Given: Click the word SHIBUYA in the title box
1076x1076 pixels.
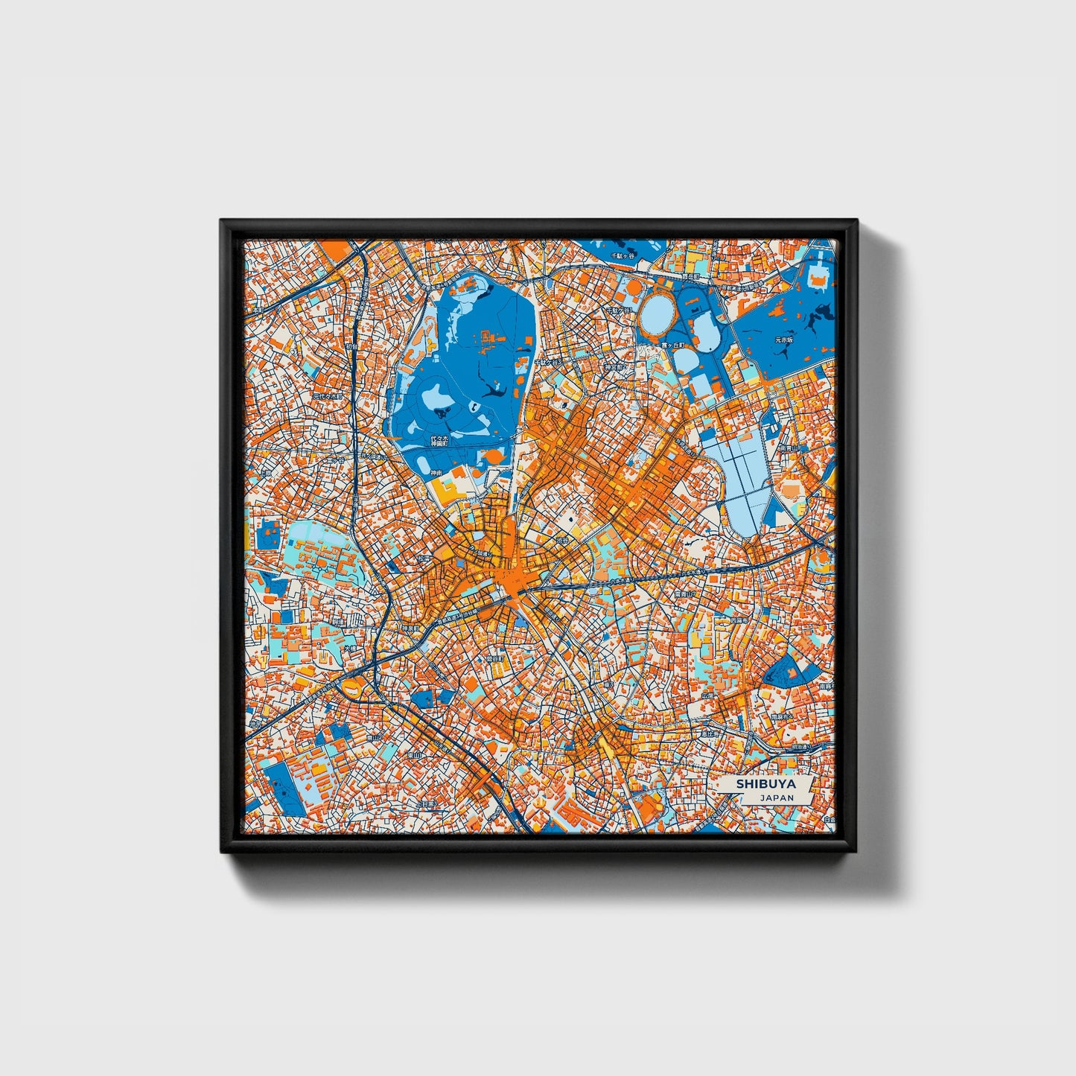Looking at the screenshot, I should point(765,784).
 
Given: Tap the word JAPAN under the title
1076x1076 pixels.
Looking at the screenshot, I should point(777,797).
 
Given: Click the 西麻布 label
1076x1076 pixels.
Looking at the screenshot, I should point(737,620).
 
